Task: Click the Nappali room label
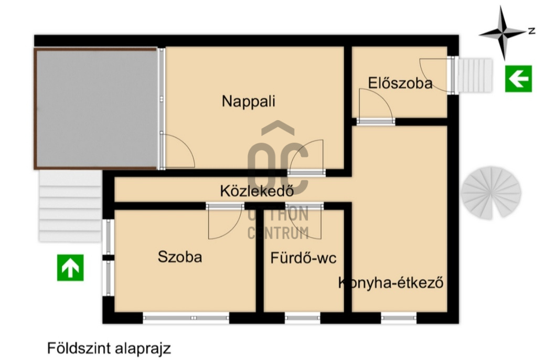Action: coord(248,101)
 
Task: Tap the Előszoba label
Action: coord(400,83)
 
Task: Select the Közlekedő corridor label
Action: coord(256,192)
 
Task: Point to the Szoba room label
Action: coord(180,257)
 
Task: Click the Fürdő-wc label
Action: coord(303,258)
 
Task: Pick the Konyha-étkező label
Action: coord(391,283)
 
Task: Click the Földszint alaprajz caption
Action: coord(109,348)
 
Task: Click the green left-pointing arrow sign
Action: coord(518,79)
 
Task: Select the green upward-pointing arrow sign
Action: coord(70,267)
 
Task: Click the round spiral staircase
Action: coord(492,192)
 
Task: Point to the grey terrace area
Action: coord(97,108)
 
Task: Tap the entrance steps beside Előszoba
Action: coord(476,75)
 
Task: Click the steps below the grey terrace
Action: coord(70,206)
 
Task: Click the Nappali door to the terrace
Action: coord(177,151)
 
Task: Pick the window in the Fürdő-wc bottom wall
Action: coord(303,317)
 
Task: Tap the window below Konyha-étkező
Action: coord(399,317)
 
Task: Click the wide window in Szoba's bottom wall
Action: coord(186,317)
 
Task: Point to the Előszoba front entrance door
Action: coord(436,75)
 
